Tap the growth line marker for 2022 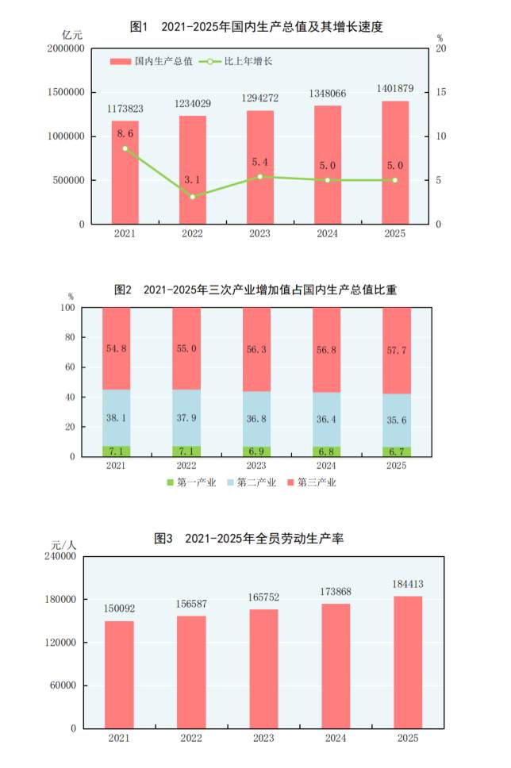(192, 196)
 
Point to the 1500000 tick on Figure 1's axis (67, 92)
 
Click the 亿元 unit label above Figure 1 (72, 34)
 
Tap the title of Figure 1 (256, 27)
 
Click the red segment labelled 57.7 (396, 351)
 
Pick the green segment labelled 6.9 (256, 451)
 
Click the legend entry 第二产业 (253, 482)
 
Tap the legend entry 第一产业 (191, 482)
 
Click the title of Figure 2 (255, 290)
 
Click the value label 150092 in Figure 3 (119, 609)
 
